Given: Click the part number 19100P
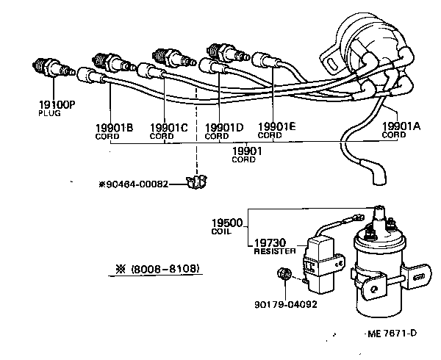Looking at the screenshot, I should click(x=56, y=106).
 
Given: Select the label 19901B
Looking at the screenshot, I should click(x=114, y=127).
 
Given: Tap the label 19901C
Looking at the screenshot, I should click(x=168, y=127).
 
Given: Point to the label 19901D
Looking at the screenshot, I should click(x=223, y=127).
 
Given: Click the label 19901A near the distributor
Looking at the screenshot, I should click(x=402, y=126).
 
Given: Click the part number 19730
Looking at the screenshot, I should click(x=270, y=242).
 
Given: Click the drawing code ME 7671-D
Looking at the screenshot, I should click(x=392, y=334).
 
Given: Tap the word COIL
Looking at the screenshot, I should click(x=220, y=231).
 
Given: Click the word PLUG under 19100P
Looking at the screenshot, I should click(x=47, y=115).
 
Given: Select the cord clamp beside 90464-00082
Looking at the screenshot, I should click(x=195, y=182).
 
